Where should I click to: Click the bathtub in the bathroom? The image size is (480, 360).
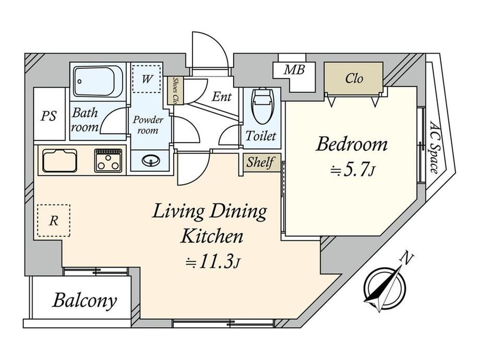pyautogui.click(x=98, y=81)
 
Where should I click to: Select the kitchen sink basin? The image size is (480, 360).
pyautogui.click(x=59, y=160)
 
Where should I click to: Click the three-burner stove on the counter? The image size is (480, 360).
pyautogui.click(x=108, y=160)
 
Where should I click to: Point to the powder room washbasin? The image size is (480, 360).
pyautogui.click(x=151, y=160)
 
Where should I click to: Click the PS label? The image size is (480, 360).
pyautogui.click(x=49, y=116)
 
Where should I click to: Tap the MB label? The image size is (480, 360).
pyautogui.click(x=294, y=70)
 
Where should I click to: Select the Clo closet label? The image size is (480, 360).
pyautogui.click(x=354, y=78)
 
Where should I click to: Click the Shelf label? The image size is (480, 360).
pyautogui.click(x=260, y=162)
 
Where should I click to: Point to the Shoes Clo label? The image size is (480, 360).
pyautogui.click(x=175, y=90)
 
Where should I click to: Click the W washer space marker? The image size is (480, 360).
pyautogui.click(x=147, y=79)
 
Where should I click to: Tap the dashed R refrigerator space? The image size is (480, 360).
pyautogui.click(x=54, y=220)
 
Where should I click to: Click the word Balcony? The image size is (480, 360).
pyautogui.click(x=85, y=301)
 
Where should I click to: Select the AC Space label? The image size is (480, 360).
pyautogui.click(x=435, y=147)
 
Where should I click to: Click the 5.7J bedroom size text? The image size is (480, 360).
pyautogui.click(x=352, y=171)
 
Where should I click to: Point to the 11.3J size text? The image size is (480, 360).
pyautogui.click(x=212, y=262)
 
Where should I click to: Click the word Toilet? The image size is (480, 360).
pyautogui.click(x=261, y=136)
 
